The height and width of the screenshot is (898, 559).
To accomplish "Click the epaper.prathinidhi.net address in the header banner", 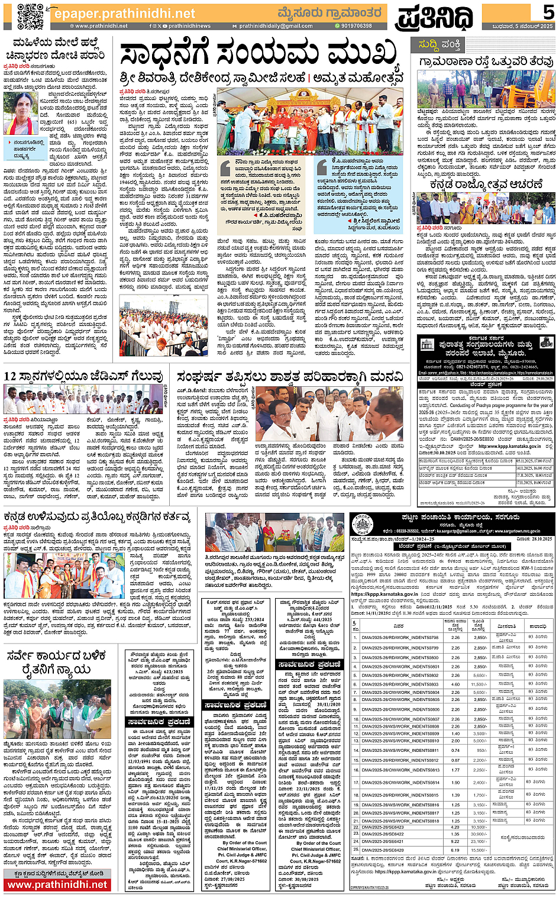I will (x=124, y=13).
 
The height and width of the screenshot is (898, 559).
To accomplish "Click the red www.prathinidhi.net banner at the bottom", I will (x=57, y=885).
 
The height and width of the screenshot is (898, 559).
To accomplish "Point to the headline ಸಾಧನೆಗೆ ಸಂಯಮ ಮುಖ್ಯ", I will (x=258, y=54).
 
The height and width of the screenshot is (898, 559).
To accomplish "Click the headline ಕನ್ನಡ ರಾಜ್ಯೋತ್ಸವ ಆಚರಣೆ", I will (x=486, y=185).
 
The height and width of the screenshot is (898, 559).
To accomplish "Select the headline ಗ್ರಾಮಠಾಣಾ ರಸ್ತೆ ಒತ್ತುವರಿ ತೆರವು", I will (x=486, y=62).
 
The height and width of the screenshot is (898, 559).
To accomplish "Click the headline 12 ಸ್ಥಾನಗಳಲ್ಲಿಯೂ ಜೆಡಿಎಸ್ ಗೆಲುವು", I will (x=83, y=376).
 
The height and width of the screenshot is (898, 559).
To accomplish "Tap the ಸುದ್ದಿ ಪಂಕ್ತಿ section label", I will (x=440, y=44).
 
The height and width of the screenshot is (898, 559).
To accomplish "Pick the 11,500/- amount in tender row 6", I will (x=479, y=684).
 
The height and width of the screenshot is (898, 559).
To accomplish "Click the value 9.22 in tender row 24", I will (x=455, y=841).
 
